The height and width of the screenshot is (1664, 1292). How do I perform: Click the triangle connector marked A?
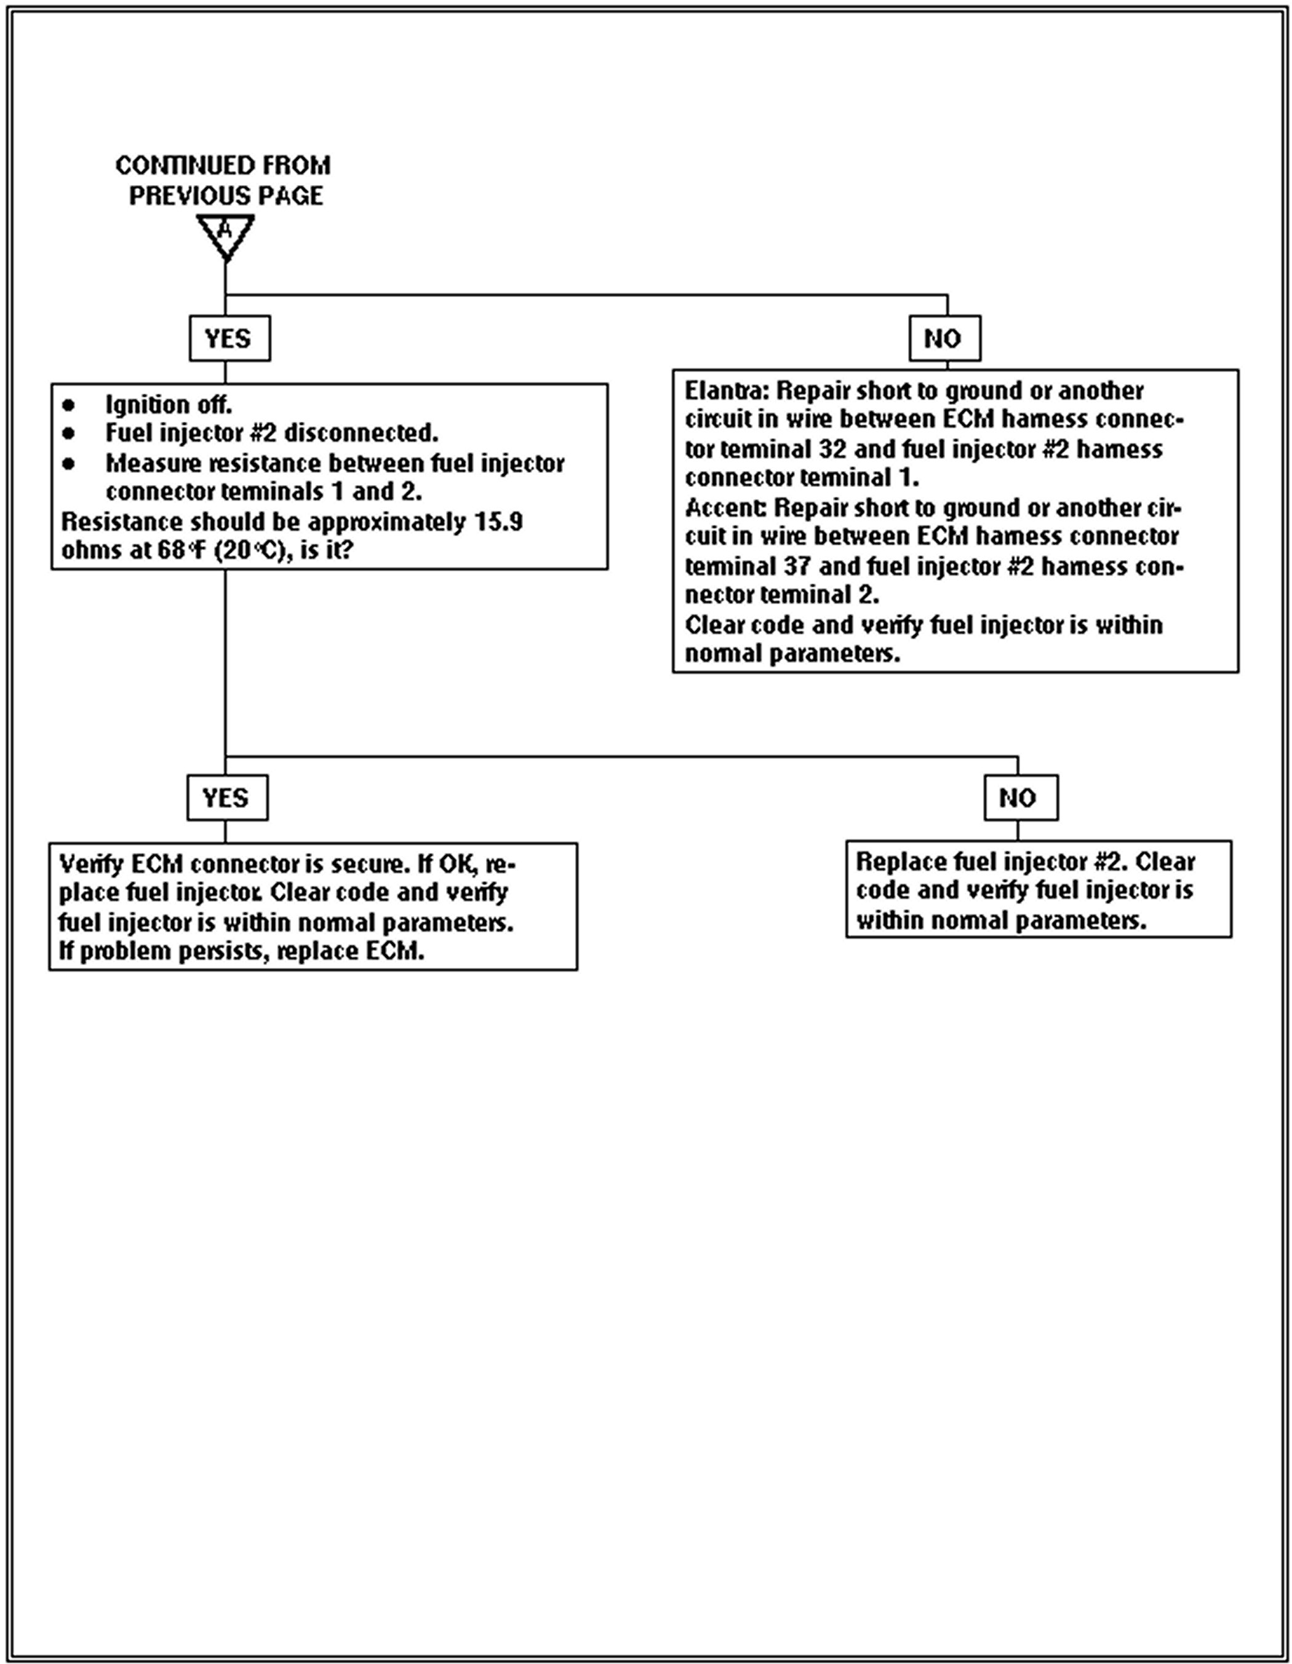(226, 233)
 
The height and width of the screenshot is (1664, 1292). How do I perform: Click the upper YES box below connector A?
(229, 338)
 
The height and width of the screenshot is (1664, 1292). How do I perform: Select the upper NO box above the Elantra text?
(944, 338)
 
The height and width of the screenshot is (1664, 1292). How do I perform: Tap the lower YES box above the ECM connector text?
(227, 798)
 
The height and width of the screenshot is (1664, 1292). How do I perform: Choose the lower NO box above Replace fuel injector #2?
(1020, 798)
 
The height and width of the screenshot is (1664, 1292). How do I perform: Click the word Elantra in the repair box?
(725, 392)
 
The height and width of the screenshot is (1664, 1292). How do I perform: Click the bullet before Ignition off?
(70, 404)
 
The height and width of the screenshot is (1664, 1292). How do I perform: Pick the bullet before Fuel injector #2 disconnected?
(70, 434)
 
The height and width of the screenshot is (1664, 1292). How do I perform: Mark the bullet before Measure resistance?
(70, 463)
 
